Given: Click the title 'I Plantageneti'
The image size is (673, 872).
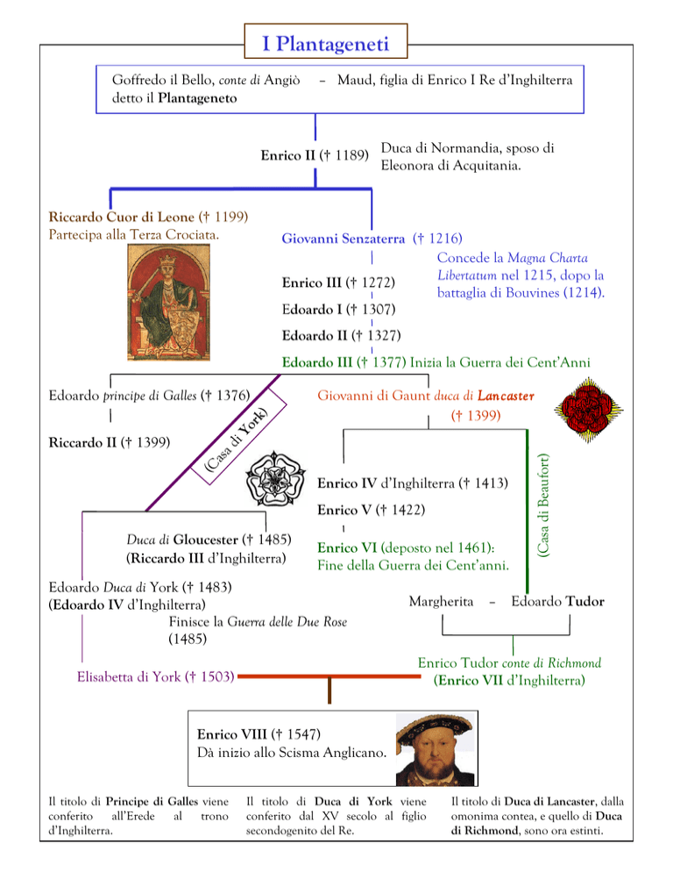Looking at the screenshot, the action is click(326, 43).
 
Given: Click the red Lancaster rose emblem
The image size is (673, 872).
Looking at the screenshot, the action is click(588, 410).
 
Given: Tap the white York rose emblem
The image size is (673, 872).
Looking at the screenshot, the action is click(275, 479).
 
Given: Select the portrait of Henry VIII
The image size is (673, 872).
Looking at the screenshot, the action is click(436, 748).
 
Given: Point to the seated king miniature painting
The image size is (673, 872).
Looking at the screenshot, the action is click(168, 303).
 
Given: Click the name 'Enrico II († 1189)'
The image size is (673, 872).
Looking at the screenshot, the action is click(315, 155).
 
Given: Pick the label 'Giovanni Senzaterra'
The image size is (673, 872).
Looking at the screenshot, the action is click(344, 239).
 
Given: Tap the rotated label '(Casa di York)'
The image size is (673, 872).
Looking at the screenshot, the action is click(236, 440).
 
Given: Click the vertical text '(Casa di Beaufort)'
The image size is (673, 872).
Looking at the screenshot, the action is click(543, 505).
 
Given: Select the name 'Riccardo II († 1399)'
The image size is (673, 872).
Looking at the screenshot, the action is click(110, 442).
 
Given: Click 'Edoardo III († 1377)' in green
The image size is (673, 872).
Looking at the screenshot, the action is click(344, 362).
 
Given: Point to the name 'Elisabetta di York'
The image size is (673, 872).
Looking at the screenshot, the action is click(129, 676).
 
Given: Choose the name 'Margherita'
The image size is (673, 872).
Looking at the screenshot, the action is click(442, 601).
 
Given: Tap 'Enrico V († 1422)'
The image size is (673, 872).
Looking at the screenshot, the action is click(372, 510).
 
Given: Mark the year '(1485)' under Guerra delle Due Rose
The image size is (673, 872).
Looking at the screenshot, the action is click(188, 639).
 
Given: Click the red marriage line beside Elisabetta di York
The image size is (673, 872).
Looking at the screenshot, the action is click(329, 676).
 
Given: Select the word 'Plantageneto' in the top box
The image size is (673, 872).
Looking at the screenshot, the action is click(197, 98).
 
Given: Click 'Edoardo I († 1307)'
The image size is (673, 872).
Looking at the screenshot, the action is click(338, 309).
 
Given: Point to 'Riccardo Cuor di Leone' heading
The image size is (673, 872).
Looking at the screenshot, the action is click(122, 217).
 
